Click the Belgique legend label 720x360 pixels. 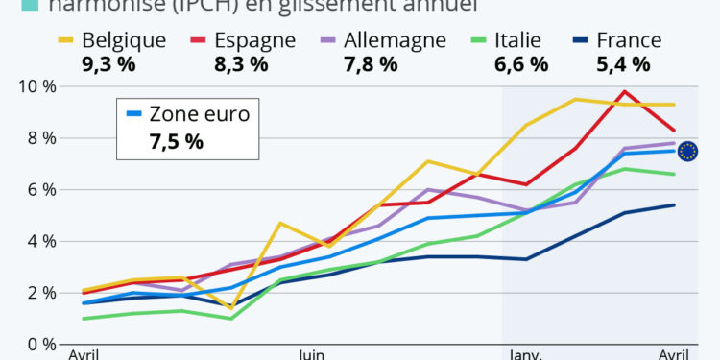(124, 40)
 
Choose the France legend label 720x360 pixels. (629, 40)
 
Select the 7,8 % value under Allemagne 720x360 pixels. (370, 64)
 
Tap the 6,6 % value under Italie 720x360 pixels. (520, 64)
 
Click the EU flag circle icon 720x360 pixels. (687, 151)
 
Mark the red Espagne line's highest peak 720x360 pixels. (624, 91)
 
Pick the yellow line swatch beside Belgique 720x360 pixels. (63, 40)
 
